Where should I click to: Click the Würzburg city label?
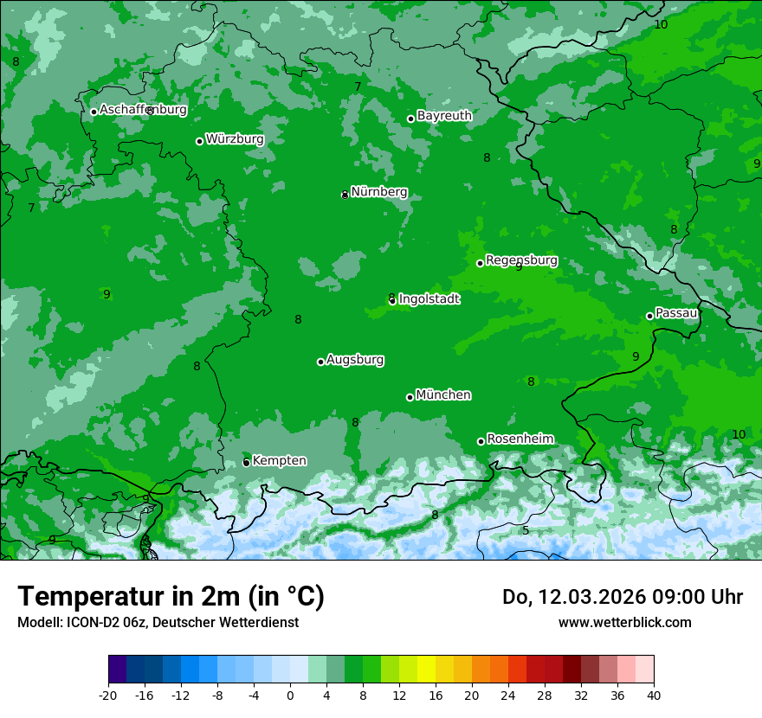pyautogui.click(x=235, y=139)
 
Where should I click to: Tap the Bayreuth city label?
pyautogui.click(x=444, y=116)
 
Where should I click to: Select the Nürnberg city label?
pyautogui.click(x=378, y=192)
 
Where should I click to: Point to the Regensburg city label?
pyautogui.click(x=521, y=260)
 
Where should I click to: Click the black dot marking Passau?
pyautogui.click(x=649, y=316)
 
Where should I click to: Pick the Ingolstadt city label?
pyautogui.click(x=429, y=299)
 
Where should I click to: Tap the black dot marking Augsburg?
pyautogui.click(x=320, y=362)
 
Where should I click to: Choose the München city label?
pyautogui.click(x=443, y=395)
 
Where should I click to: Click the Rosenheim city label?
pyautogui.click(x=520, y=439)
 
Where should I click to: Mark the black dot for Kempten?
pyautogui.click(x=246, y=463)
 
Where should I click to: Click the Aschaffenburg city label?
pyautogui.click(x=143, y=110)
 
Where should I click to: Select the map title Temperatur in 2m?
pyautogui.click(x=171, y=597)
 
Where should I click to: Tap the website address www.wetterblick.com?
pyautogui.click(x=624, y=622)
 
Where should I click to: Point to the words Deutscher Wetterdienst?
pyautogui.click(x=226, y=622)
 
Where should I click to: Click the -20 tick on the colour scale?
pyautogui.click(x=108, y=695)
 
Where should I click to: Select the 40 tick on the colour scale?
pyautogui.click(x=654, y=695)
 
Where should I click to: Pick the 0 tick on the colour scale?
pyautogui.click(x=290, y=695)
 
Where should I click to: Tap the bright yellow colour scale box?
pyautogui.click(x=426, y=670)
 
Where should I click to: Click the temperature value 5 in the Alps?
pyautogui.click(x=525, y=530)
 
